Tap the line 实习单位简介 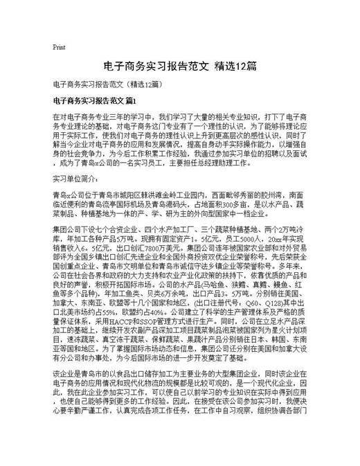(78, 178)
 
